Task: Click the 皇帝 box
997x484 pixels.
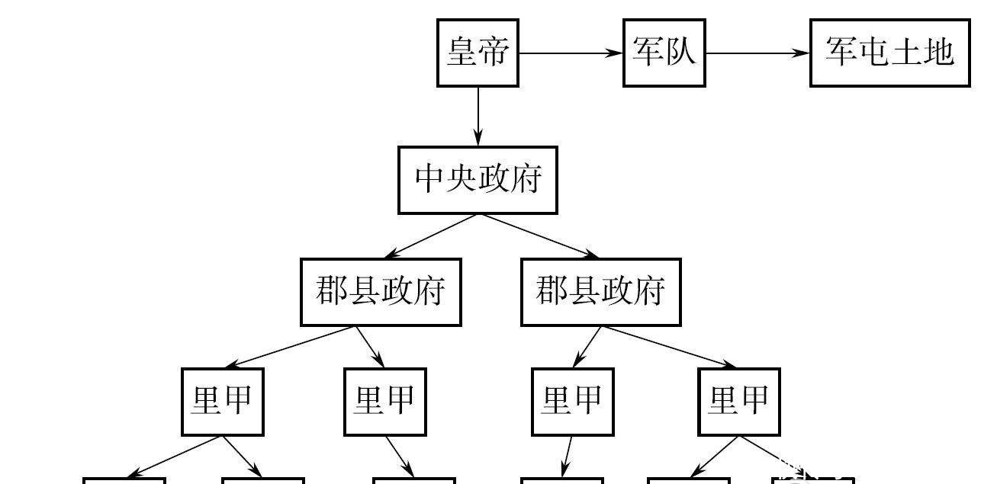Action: (x=478, y=53)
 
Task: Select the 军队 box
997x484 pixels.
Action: (x=664, y=53)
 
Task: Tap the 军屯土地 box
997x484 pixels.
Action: (x=889, y=53)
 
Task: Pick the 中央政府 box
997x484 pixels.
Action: (x=478, y=180)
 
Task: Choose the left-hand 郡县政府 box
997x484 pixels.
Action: (x=381, y=292)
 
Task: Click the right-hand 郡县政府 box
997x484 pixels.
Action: (x=600, y=292)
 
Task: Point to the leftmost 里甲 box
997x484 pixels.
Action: (x=222, y=402)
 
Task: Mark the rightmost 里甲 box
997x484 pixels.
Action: (x=739, y=402)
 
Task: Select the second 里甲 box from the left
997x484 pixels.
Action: (x=384, y=402)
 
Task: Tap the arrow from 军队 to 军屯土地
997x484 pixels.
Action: (x=757, y=53)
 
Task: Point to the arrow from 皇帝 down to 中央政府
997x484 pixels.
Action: (x=478, y=116)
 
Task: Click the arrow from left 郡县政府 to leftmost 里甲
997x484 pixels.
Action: (x=290, y=348)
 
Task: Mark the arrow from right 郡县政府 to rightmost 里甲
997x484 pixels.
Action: (x=669, y=348)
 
